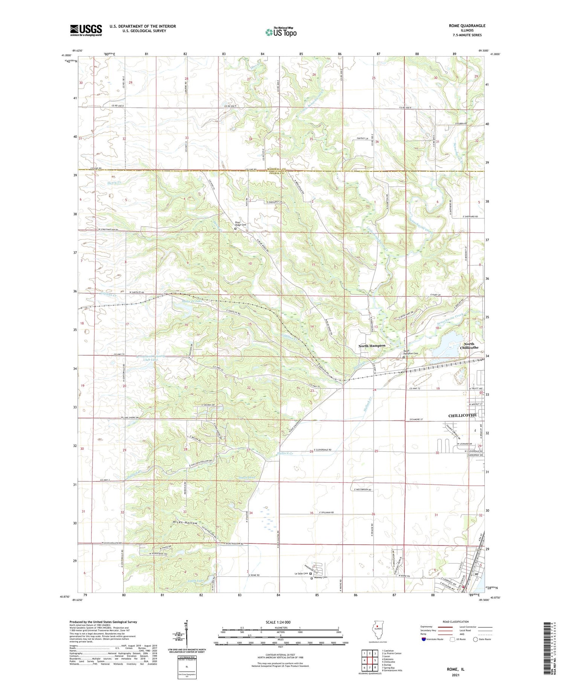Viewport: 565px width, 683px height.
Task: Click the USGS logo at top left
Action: pos(86,30)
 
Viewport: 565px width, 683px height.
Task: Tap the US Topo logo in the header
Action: pos(281,32)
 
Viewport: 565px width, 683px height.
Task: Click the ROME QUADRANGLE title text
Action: pos(467,26)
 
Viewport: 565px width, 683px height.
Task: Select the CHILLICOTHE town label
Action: pos(462,415)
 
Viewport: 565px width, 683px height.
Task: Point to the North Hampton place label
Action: pos(372,345)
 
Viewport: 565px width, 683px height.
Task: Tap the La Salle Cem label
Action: pos(301,573)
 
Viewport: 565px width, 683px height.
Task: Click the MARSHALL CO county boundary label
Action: pos(277,168)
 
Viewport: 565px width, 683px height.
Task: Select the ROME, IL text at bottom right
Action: pos(455,669)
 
